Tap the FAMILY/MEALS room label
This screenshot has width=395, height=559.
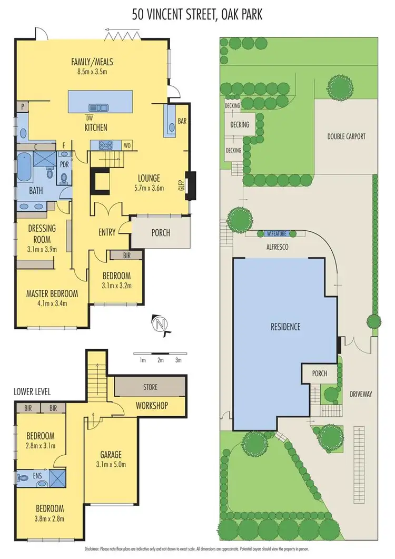click(92, 62)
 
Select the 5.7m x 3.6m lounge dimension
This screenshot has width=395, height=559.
click(146, 188)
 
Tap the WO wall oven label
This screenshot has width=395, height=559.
click(127, 145)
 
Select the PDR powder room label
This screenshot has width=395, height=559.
click(65, 163)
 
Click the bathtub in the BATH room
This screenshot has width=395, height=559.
click(24, 168)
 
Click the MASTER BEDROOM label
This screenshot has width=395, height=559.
click(52, 293)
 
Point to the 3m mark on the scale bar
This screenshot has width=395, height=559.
click(178, 360)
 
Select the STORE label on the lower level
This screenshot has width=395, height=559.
click(150, 387)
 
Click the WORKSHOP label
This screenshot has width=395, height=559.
click(152, 405)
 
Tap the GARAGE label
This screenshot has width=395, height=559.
click(111, 454)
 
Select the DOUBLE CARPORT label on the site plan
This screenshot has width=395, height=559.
click(346, 136)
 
